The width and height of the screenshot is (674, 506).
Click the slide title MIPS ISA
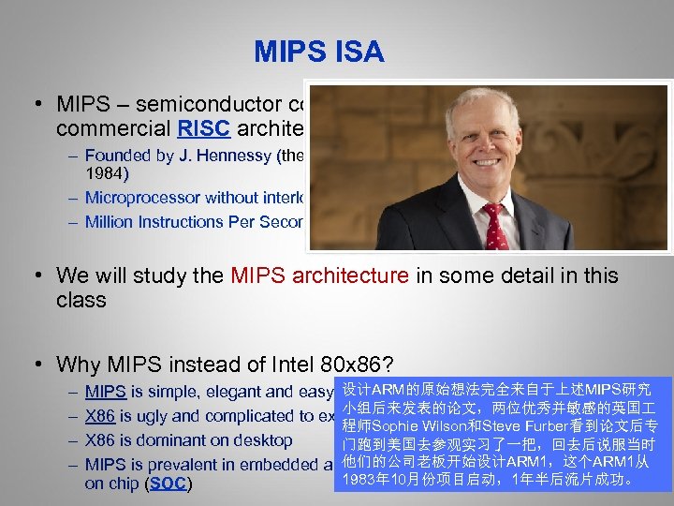click(x=318, y=52)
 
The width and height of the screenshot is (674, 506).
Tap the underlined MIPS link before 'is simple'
click(x=105, y=392)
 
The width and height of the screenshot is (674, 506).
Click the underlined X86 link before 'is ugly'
click(x=101, y=416)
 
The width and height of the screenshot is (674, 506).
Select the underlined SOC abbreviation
click(x=168, y=484)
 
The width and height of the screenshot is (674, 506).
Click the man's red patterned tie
click(x=493, y=229)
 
